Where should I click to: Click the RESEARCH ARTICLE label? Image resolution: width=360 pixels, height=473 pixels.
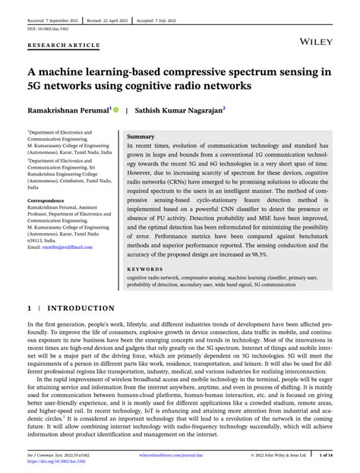click(x=64, y=45)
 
